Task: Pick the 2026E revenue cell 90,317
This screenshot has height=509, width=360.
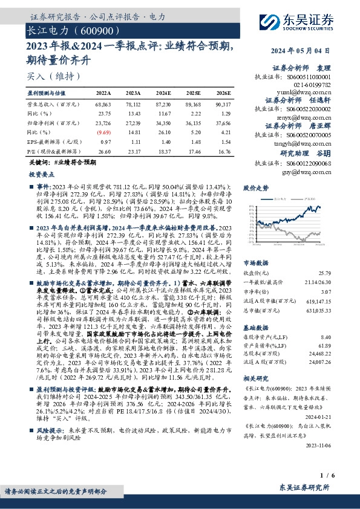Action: tap(222, 105)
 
